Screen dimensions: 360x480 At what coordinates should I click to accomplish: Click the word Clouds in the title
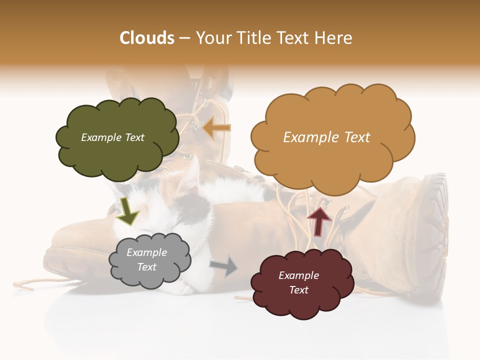pyautogui.click(x=147, y=38)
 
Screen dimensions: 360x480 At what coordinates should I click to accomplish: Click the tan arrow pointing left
pyautogui.click(x=217, y=128)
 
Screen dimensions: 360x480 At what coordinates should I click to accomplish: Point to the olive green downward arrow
pyautogui.click(x=127, y=210)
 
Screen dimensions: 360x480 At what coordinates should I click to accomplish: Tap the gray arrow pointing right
pyautogui.click(x=224, y=266)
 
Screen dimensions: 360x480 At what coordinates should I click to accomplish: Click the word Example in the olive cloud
pyautogui.click(x=100, y=137)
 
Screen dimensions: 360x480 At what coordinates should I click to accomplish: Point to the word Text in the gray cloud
pyautogui.click(x=147, y=267)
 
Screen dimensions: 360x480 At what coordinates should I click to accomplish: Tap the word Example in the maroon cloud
pyautogui.click(x=298, y=275)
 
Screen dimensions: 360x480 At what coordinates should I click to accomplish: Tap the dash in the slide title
pyautogui.click(x=184, y=38)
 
